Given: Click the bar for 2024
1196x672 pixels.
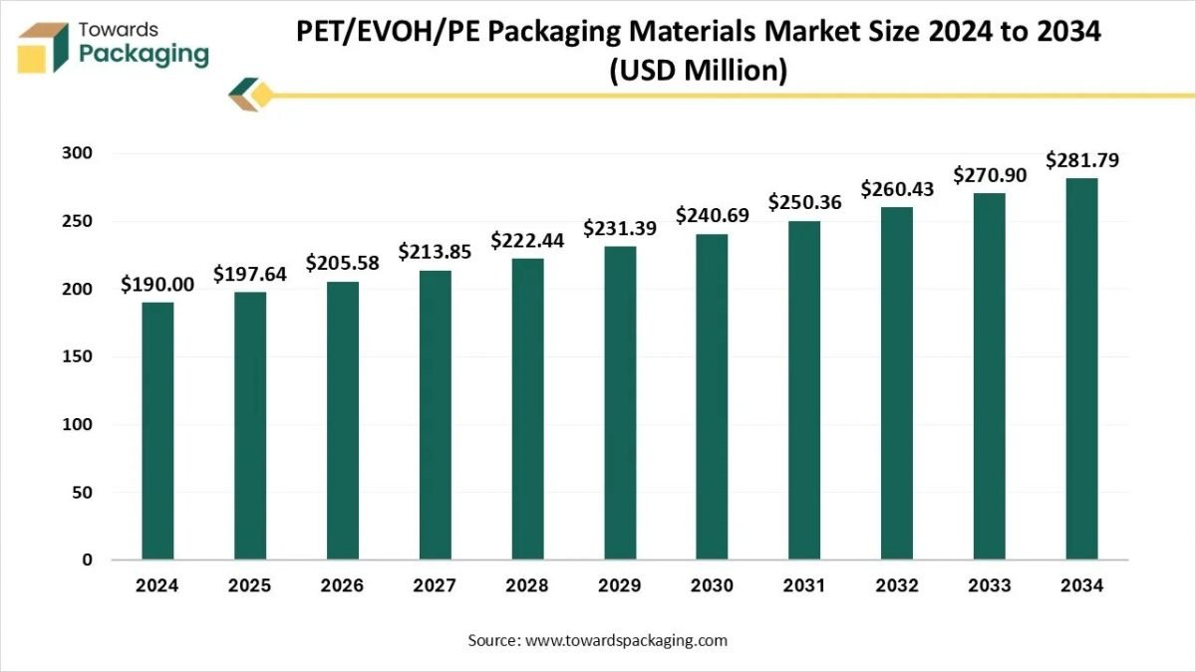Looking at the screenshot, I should tap(157, 430).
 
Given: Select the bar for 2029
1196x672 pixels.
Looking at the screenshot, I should tap(620, 402).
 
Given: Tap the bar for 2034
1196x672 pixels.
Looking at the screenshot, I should tap(1081, 368).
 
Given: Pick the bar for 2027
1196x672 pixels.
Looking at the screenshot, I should tap(435, 414).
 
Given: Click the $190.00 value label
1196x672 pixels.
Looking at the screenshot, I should tap(157, 285).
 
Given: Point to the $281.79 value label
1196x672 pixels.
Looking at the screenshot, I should tap(1081, 160).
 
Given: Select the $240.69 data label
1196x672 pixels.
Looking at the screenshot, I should tap(713, 215).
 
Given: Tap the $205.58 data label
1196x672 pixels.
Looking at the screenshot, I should tap(343, 263).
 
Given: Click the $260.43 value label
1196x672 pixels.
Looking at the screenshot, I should tap(897, 188).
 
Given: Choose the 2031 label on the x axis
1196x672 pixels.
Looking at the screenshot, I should tap(804, 585).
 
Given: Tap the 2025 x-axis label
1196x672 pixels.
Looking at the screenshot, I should tap(250, 585).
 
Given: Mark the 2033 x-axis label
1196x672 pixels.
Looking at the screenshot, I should tap(990, 585).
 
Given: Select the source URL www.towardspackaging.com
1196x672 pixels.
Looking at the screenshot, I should tap(626, 640).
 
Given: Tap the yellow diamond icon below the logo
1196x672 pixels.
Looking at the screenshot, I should tap(260, 96).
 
